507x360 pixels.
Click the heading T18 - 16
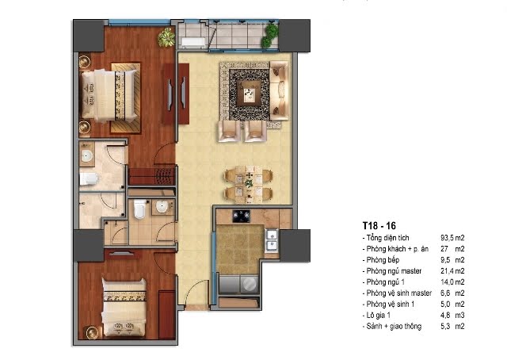379,226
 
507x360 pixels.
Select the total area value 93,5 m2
452,238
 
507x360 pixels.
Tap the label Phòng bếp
383,260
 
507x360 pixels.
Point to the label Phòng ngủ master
394,271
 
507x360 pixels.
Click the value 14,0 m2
452,282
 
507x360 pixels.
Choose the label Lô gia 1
379,315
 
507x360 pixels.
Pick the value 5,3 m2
452,326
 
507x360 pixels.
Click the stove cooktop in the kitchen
241,216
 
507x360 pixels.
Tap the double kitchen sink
271,240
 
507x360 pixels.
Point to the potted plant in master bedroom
166,37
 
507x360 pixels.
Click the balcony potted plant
270,36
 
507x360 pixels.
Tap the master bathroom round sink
86,156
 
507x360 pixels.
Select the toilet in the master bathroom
88,178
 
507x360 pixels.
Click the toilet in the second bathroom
139,209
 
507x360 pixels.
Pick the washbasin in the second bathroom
162,207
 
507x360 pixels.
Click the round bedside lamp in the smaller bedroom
91,332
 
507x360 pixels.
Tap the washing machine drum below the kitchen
250,284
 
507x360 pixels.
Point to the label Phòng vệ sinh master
399,293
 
